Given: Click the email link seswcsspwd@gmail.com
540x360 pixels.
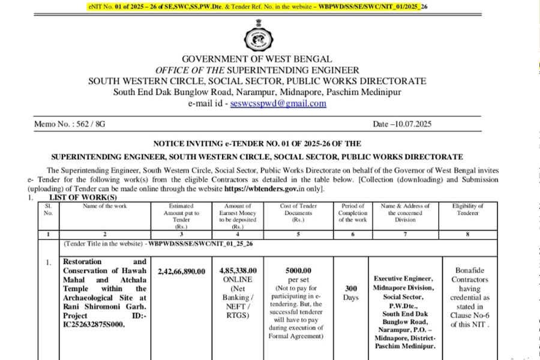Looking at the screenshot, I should click(278, 103).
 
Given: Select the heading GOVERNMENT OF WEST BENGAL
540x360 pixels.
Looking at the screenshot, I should click(257, 59).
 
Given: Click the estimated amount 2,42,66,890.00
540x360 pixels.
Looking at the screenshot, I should click(181, 271).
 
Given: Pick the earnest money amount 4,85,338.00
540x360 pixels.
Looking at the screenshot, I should click(238, 271).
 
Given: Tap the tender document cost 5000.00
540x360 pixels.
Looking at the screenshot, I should click(298, 271).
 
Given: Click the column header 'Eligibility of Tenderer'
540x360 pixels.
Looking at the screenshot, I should click(467, 209).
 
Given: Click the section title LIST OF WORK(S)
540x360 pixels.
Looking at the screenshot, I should click(83, 197).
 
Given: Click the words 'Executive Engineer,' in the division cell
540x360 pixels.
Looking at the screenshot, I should click(403, 279).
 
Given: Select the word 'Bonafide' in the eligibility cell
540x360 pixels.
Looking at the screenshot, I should click(467, 271).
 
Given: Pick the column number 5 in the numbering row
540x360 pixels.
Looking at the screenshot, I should click(298, 234).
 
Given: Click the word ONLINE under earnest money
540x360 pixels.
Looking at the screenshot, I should click(238, 280).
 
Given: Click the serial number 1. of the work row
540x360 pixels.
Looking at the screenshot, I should click(49, 262).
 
